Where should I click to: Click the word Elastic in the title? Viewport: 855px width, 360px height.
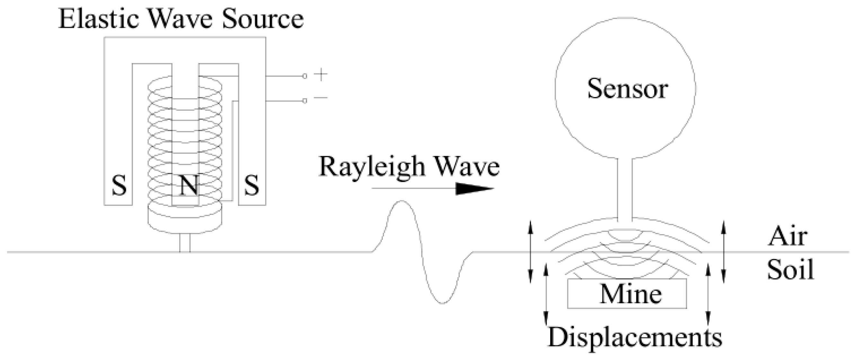click(98, 19)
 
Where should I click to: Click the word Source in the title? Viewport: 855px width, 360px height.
click(262, 19)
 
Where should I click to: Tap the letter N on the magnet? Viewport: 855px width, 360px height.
click(189, 186)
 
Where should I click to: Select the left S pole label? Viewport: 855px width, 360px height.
click(119, 186)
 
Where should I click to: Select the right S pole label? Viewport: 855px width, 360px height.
click(251, 186)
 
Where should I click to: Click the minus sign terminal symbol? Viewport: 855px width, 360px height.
click(321, 98)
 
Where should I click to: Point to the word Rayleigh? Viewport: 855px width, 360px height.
click(372, 167)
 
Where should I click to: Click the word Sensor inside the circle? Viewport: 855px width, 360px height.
click(627, 89)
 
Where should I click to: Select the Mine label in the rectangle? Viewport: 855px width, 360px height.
click(630, 294)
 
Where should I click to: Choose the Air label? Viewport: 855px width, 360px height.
click(787, 237)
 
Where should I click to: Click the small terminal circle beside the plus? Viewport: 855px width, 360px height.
click(305, 76)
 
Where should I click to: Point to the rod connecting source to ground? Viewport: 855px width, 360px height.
click(185, 243)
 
